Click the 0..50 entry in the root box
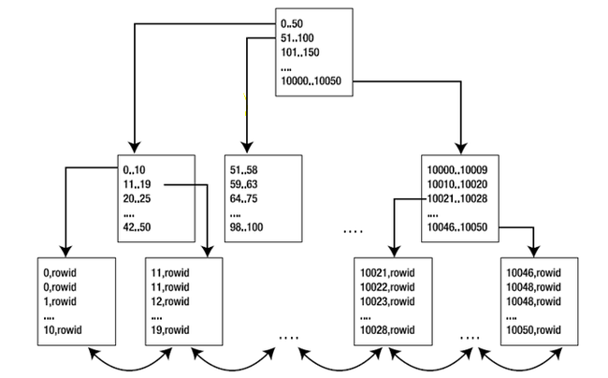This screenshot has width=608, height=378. tap(292, 23)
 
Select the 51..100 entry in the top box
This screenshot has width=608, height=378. tap(297, 38)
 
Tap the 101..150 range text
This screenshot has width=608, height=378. tap(299, 52)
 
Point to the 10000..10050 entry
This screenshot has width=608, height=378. tap(311, 81)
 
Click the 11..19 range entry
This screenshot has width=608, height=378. tap(137, 184)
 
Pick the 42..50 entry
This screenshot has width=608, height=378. tap(137, 227)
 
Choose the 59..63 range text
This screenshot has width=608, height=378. tap(243, 184)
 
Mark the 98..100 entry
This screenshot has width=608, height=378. tap(246, 227)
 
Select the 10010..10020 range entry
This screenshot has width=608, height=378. tap(457, 184)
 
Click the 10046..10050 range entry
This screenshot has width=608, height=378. tap(457, 227)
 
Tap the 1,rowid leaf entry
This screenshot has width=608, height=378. tap(60, 301)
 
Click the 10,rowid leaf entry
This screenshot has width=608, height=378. tap(63, 330)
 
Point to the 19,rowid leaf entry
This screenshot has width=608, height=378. tap(170, 330)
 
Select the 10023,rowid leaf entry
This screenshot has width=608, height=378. tap(387, 301)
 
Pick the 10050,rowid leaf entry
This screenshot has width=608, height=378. tap(533, 330)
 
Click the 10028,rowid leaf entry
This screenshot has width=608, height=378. tap(387, 330)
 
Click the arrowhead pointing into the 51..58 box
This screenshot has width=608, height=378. tap(247, 148)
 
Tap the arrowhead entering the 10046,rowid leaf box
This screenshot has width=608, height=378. tap(534, 252)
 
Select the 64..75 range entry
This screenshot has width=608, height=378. tap(243, 198)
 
